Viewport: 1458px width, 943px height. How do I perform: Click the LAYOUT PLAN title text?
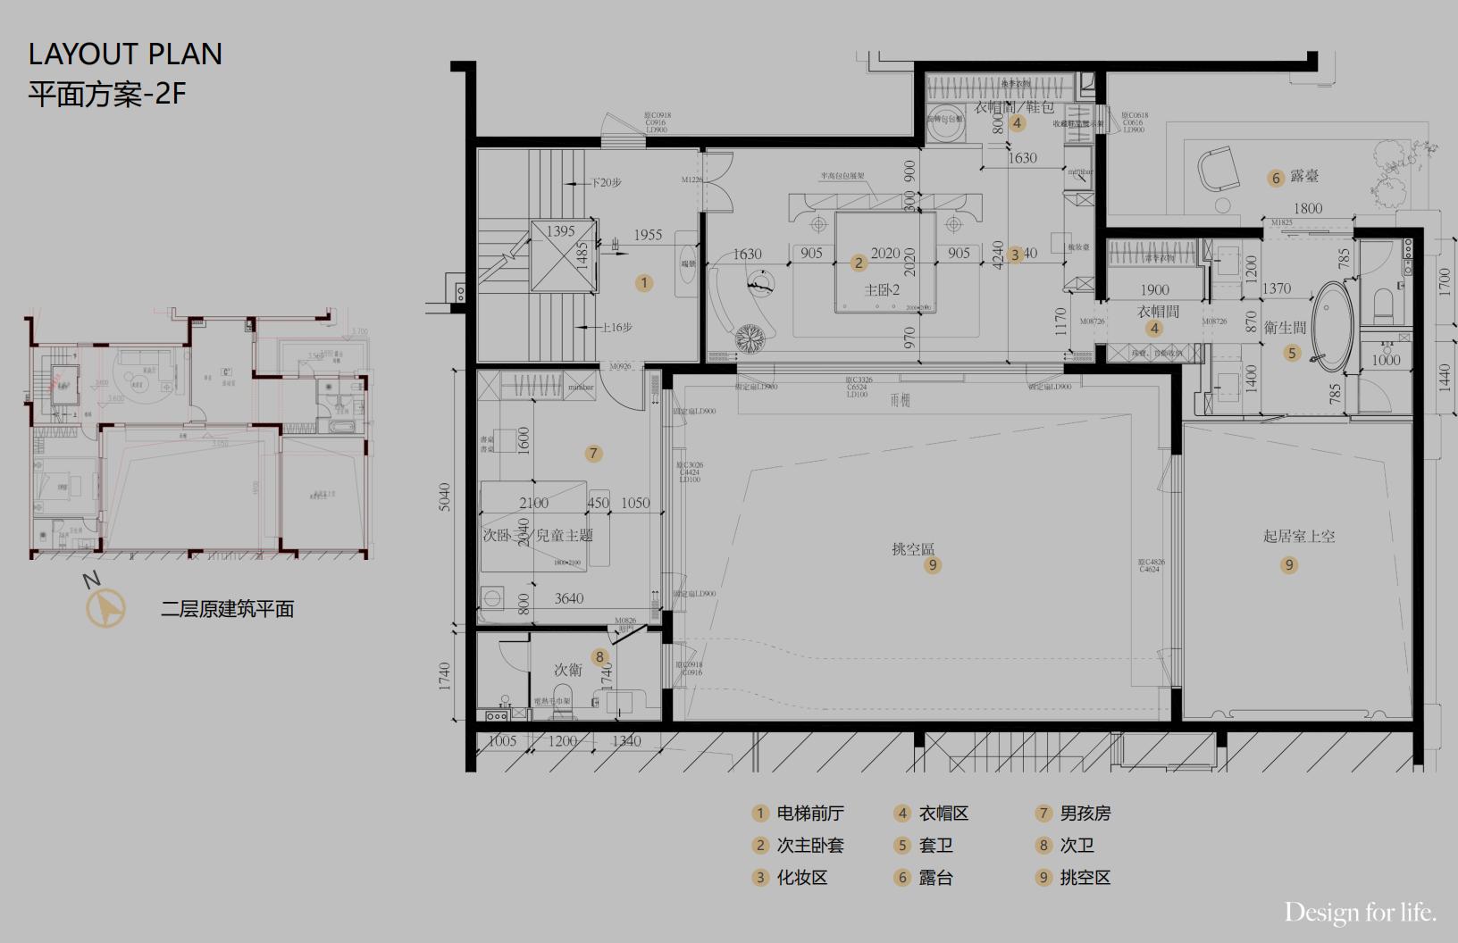125,54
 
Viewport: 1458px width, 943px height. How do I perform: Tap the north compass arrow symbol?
106,608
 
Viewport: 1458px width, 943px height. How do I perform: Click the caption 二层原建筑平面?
227,609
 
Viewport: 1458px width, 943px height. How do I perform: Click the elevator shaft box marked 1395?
563,255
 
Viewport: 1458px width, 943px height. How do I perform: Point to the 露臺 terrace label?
1303,177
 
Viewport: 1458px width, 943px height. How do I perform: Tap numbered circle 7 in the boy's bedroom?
593,454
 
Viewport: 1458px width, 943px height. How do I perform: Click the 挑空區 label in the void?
913,548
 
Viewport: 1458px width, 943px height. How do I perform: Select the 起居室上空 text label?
1299,536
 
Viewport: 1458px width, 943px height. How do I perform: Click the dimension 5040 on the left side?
445,497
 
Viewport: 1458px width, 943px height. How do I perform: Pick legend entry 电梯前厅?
809,814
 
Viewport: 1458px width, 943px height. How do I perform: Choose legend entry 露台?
935,878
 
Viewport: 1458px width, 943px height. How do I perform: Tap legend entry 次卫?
1077,846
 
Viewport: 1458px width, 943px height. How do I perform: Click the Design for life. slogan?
1360,913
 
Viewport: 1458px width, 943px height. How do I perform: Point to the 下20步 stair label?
607,182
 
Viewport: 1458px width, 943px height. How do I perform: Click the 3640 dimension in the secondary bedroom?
568,598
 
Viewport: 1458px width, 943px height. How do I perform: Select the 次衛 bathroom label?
568,670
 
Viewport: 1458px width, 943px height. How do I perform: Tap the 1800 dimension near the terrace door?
1307,208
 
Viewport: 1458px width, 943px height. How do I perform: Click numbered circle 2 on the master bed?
859,263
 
